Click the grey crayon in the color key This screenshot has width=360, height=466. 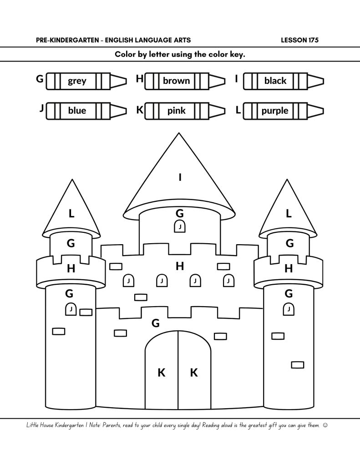[86, 81]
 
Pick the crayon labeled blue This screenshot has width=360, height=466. [86, 111]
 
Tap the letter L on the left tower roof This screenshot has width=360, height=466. [71, 213]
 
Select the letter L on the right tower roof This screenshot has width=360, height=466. [289, 213]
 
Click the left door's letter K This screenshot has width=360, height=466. [161, 373]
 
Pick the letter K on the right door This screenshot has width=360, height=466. [194, 373]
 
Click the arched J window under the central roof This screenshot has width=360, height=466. [180, 226]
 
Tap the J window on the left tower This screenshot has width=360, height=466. [71, 309]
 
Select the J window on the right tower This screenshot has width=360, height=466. [289, 309]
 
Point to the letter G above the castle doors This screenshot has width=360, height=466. [156, 323]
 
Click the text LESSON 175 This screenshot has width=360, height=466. [300, 40]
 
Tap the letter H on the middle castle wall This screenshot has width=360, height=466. [180, 266]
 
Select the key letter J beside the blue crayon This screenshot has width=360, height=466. [41, 109]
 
